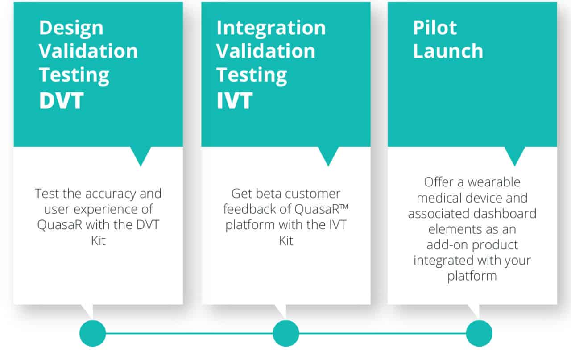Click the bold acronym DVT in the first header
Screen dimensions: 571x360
pos(61,100)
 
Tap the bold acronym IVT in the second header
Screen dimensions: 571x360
pos(235,100)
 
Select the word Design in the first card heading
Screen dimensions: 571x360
pos(71,29)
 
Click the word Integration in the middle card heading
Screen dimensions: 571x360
pos(271,28)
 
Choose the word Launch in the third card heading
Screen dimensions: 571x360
pos(448,51)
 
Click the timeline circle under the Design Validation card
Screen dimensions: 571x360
pos(92,333)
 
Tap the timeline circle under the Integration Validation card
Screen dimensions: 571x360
pos(286,333)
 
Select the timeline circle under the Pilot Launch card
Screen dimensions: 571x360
pos(479,333)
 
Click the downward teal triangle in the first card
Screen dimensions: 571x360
pos(141,154)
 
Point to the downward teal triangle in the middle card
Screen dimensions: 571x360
pos(328,154)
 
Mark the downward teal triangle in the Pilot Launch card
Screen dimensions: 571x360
pos(515,154)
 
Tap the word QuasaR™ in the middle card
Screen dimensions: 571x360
pos(322,209)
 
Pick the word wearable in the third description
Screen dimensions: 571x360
pos(494,182)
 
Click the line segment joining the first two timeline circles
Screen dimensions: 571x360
pos(189,333)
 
